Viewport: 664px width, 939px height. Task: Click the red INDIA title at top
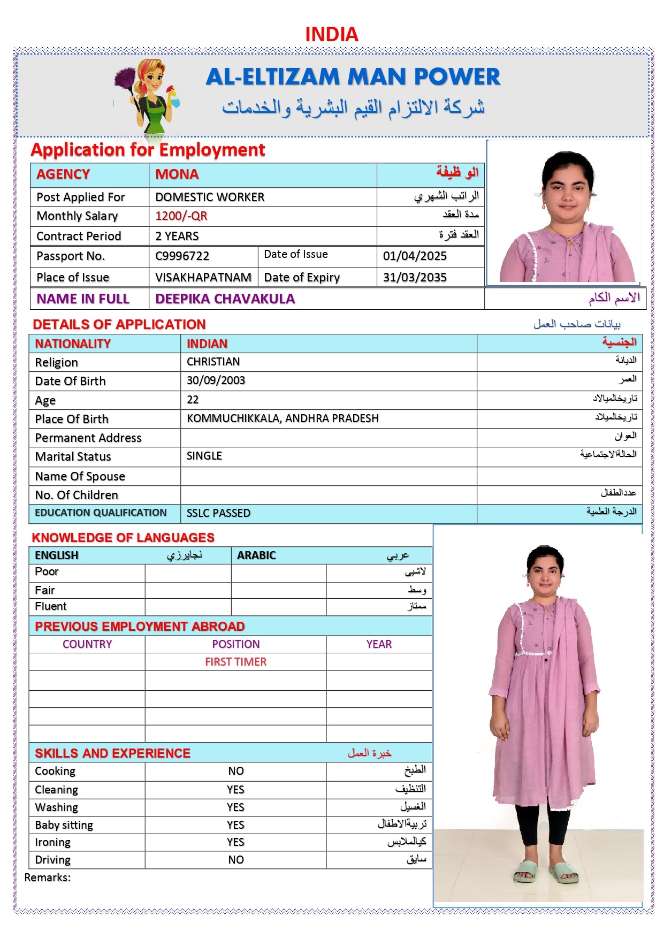(x=331, y=35)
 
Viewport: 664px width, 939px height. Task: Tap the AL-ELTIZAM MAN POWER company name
(x=353, y=77)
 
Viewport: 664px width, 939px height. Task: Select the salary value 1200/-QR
(x=181, y=216)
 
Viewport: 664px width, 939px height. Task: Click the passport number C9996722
(x=182, y=256)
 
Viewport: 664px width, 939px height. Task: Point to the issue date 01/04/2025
(x=415, y=256)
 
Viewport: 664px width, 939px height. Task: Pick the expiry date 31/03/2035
(x=415, y=278)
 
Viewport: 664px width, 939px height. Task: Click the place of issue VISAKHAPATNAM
(x=203, y=278)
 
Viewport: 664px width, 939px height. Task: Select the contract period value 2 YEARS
(x=177, y=236)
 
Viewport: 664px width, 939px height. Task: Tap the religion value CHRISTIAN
(x=213, y=362)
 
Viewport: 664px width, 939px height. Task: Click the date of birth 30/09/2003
(x=216, y=381)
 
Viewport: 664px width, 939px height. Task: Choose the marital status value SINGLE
(x=204, y=456)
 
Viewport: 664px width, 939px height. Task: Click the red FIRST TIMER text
(x=235, y=662)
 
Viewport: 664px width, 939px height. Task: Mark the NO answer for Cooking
(x=235, y=771)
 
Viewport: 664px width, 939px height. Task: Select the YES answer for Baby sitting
(x=235, y=825)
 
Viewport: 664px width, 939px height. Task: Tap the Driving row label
(x=52, y=860)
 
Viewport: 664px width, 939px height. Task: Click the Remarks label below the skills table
(x=47, y=878)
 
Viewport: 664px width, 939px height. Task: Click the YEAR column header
(x=379, y=645)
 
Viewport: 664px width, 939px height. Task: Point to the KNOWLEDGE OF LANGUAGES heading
(x=123, y=538)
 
